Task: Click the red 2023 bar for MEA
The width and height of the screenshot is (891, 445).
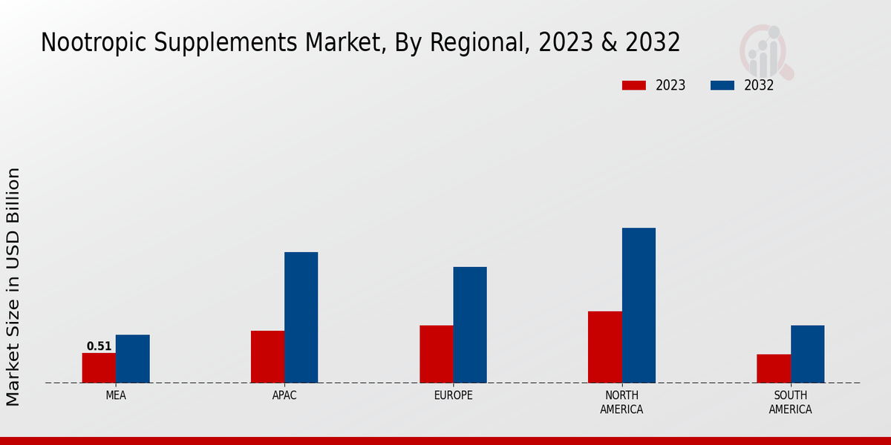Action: coord(99,368)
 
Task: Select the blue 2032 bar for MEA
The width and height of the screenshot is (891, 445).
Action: coord(132,359)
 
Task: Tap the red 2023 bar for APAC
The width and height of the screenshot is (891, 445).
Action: coord(267,357)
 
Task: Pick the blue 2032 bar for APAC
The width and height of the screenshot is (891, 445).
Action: coord(301,317)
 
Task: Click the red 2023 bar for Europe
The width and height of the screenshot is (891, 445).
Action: coord(436,354)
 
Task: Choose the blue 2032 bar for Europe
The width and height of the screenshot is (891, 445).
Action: coord(470,325)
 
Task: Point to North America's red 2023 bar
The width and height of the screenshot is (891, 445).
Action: coord(604,347)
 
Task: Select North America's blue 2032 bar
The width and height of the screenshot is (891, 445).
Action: coord(639,305)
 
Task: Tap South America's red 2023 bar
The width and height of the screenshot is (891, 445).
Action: coord(774,369)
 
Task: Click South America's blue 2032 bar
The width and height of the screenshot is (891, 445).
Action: coord(807,354)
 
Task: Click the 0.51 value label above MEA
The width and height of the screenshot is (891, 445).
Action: coord(99,346)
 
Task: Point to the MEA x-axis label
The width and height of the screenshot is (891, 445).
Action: coord(116,395)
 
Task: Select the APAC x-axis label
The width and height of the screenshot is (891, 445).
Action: coord(284,395)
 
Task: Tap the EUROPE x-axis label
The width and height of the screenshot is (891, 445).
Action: coord(453,395)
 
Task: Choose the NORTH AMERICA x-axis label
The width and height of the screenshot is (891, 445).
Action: coord(621,402)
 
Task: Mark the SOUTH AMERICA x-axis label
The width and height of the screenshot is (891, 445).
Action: coord(790,402)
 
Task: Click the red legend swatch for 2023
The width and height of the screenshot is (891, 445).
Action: coord(634,85)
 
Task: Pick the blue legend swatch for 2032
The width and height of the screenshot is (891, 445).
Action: coord(722,85)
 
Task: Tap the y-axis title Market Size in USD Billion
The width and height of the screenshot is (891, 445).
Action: coord(13,286)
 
